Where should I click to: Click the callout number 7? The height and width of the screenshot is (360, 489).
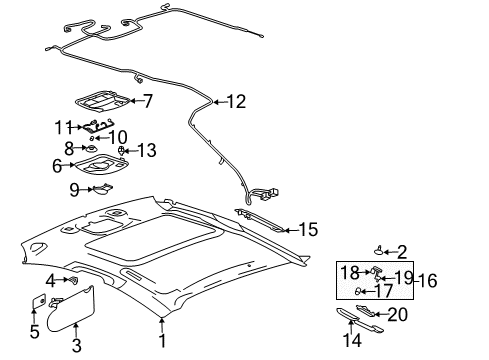[147, 100]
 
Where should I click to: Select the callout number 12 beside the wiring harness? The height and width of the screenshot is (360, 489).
[236, 100]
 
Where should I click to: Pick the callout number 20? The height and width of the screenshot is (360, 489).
[397, 315]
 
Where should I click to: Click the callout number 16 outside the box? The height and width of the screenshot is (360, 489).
[427, 281]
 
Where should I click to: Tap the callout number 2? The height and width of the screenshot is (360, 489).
[402, 251]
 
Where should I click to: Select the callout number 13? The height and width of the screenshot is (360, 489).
[146, 150]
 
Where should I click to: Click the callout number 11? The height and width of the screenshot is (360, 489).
[63, 127]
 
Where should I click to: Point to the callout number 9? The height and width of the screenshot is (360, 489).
[74, 187]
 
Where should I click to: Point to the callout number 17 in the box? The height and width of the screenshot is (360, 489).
[383, 292]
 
